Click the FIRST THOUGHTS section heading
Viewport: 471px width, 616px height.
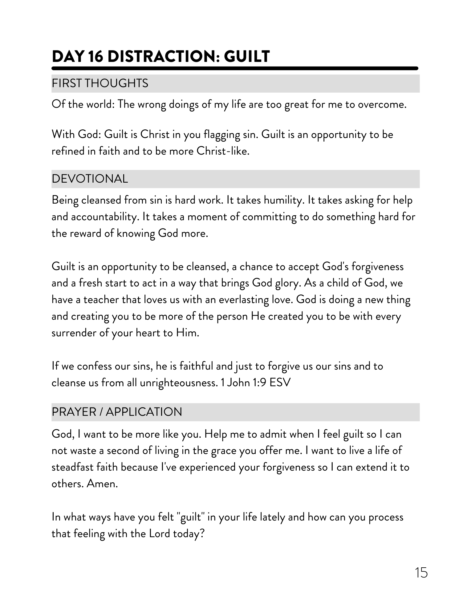point(100,83)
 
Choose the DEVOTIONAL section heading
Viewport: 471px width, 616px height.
point(90,179)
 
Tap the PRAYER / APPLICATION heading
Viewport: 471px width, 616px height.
point(117,412)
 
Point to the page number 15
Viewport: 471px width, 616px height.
point(421,573)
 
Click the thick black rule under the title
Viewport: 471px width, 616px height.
point(235,68)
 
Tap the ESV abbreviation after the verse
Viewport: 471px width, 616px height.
point(280,383)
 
